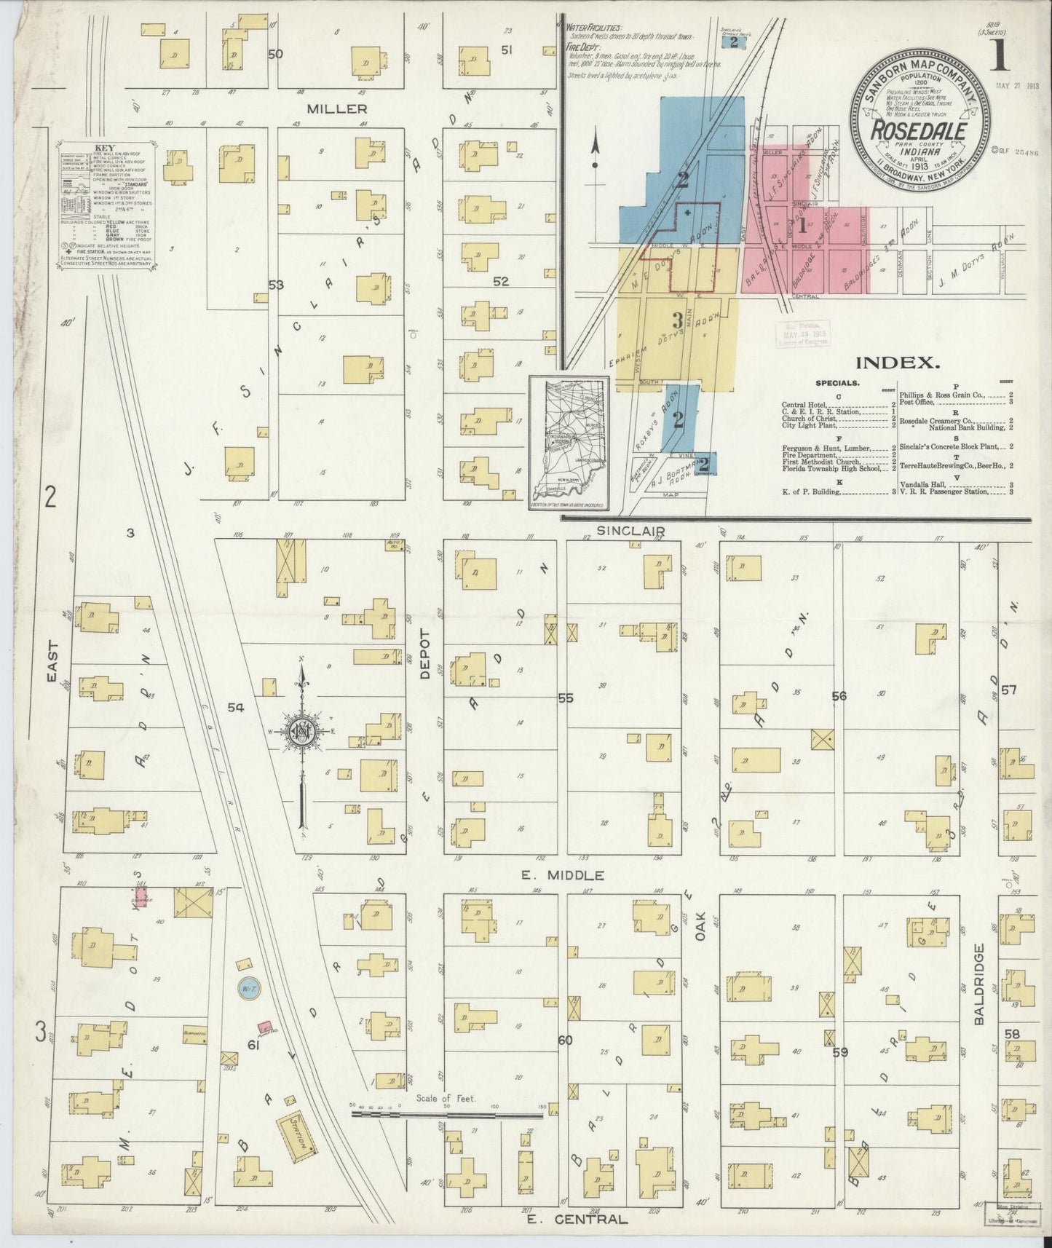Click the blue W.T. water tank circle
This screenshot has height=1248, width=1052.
tap(246, 988)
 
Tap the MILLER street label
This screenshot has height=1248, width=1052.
tap(336, 108)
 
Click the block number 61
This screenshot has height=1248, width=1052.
tap(254, 1046)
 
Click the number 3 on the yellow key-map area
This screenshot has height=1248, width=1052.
tap(677, 320)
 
